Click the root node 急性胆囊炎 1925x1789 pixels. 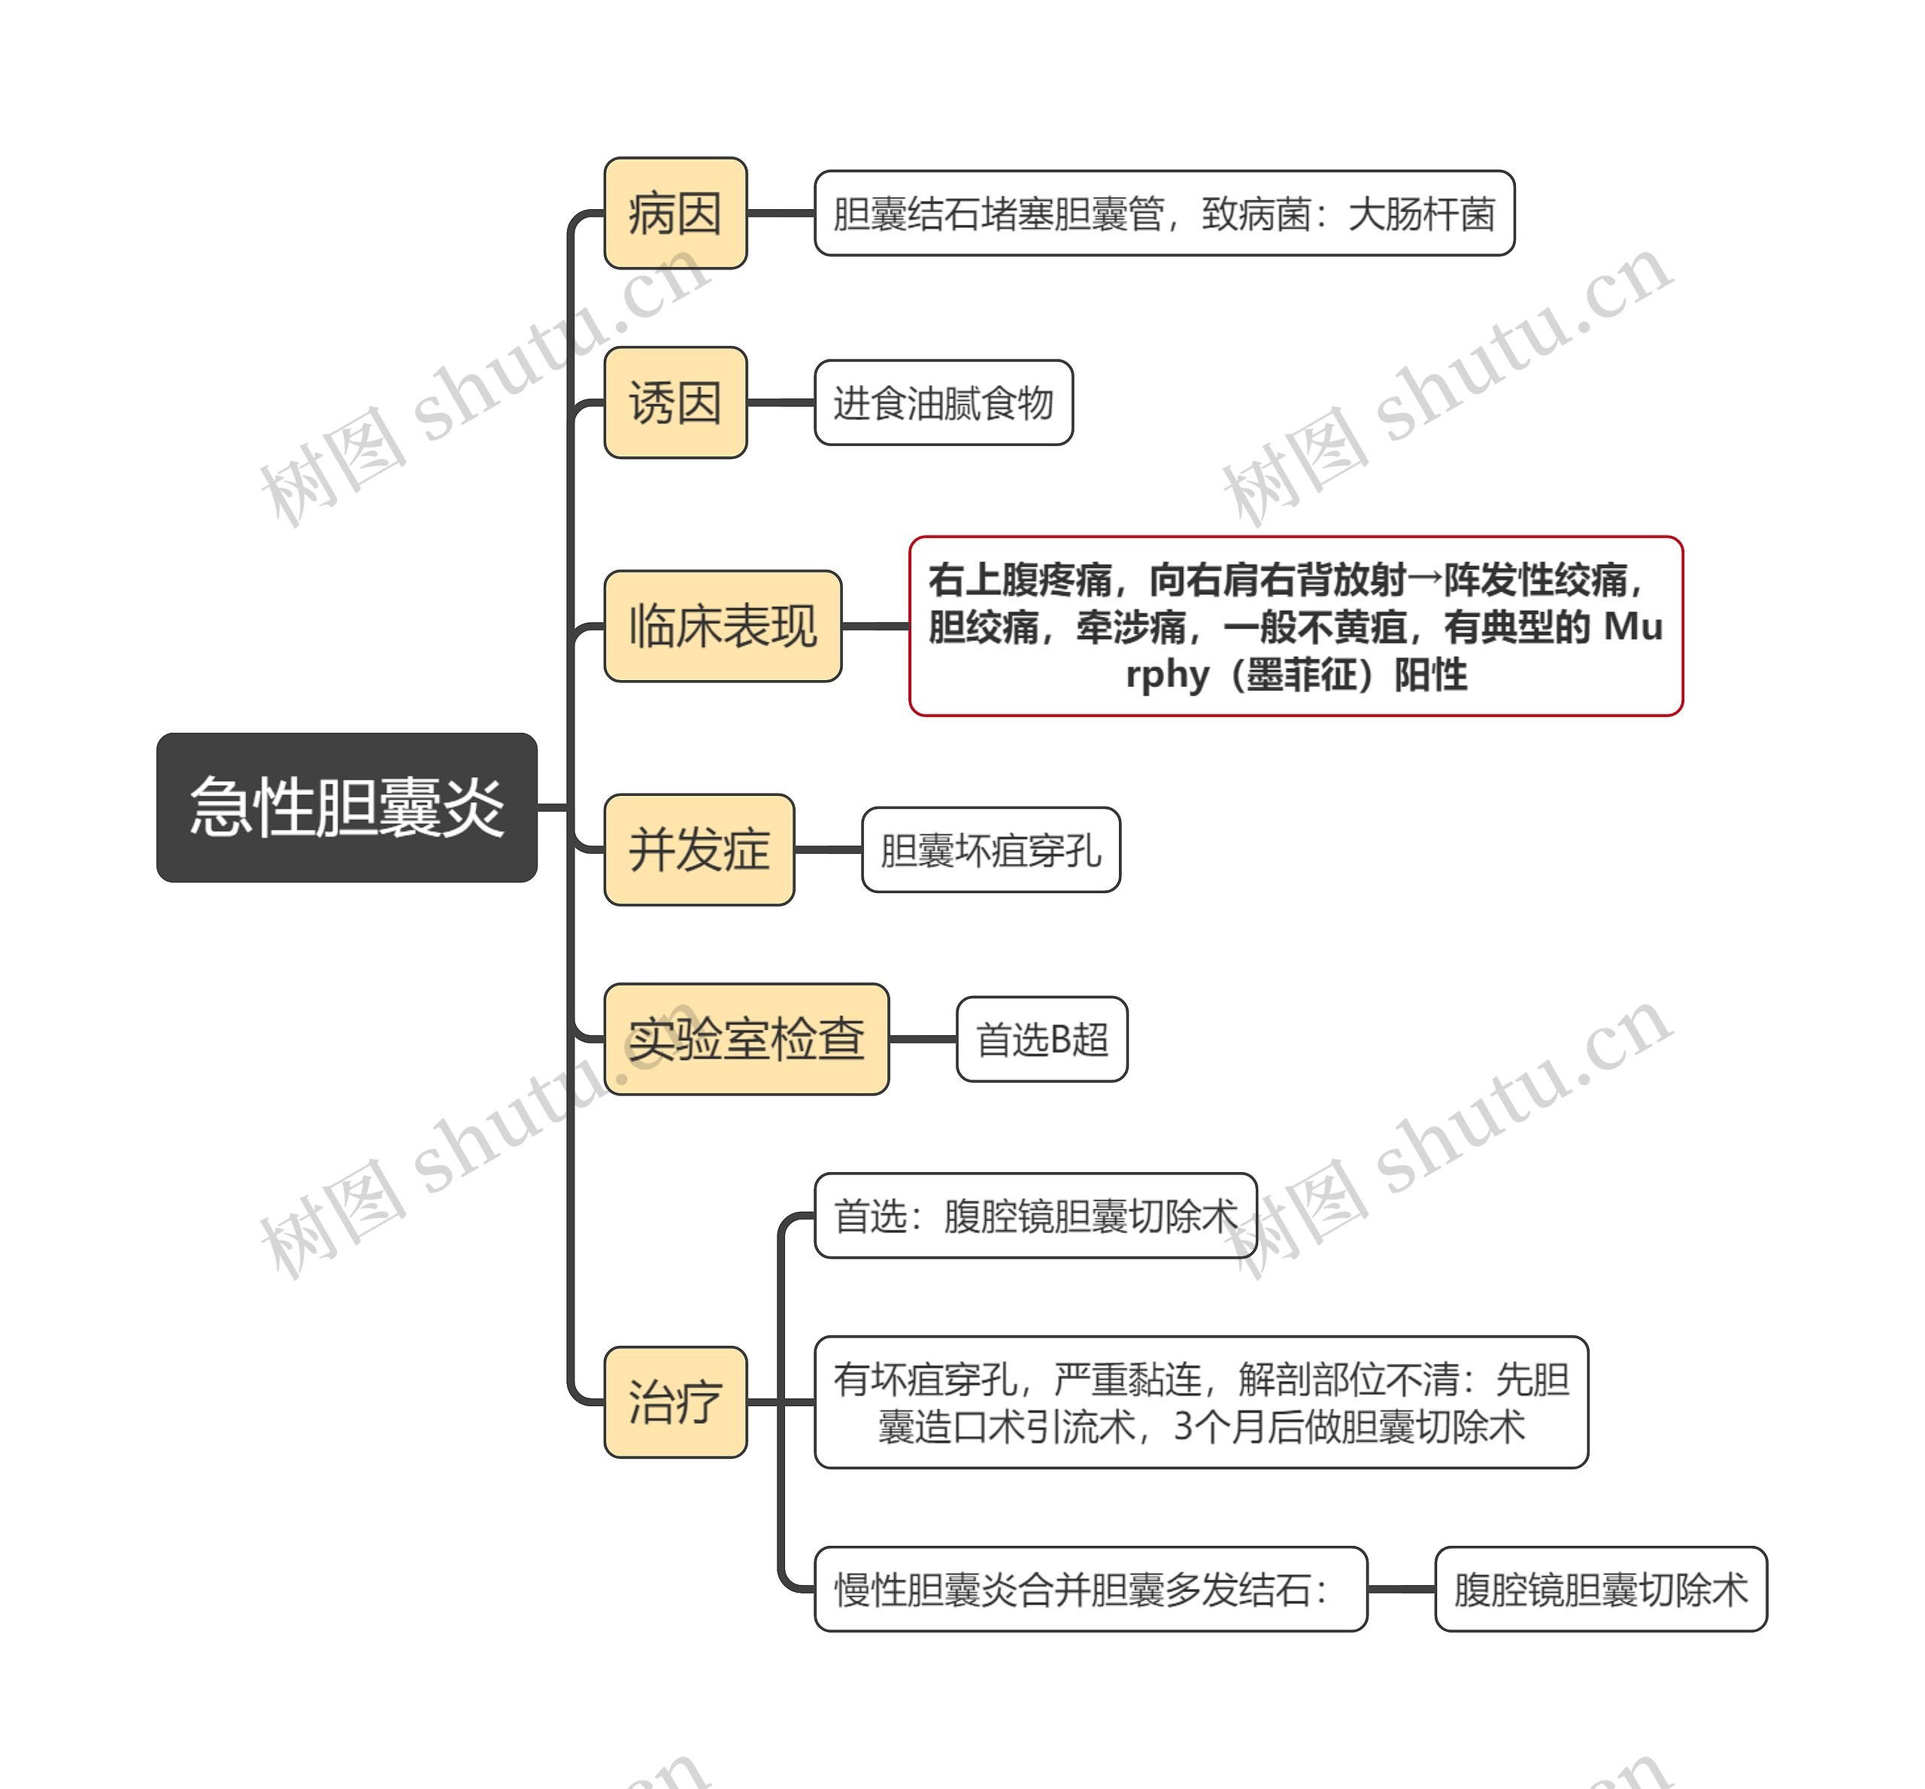click(347, 806)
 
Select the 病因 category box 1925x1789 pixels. click(675, 213)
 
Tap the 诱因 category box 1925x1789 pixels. click(675, 402)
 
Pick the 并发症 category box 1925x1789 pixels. click(699, 850)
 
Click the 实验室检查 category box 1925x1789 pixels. click(745, 1039)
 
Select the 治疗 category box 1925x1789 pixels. click(675, 1402)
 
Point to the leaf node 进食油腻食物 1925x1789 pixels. click(943, 402)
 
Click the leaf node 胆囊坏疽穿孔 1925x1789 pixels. click(990, 850)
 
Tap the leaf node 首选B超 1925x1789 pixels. click(1041, 1039)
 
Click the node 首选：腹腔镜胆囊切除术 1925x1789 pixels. click(1035, 1216)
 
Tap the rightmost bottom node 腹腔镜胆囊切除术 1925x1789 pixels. click(1600, 1589)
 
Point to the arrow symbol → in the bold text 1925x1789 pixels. click(1425, 580)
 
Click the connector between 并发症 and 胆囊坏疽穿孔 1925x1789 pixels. click(827, 850)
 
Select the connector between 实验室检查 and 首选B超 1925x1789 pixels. click(923, 1039)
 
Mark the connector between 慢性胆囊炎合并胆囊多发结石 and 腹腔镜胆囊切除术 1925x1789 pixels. click(1400, 1589)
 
